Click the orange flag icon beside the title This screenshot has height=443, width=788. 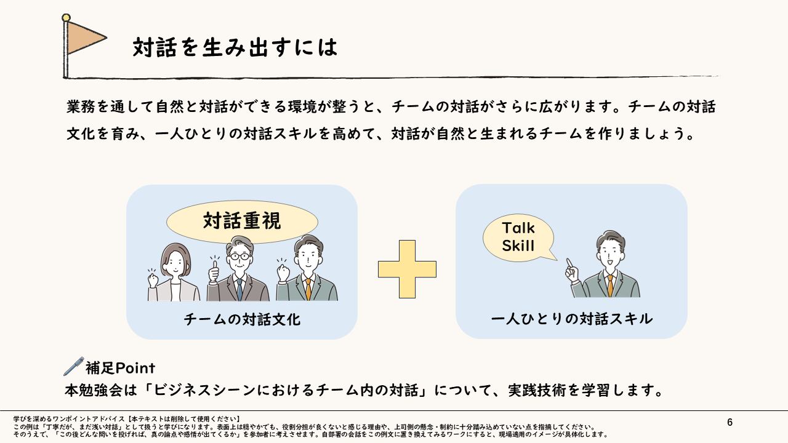click(85, 38)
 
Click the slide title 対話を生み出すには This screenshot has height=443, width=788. click(235, 47)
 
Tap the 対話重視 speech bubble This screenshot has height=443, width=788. click(242, 221)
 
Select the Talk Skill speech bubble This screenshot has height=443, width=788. click(518, 237)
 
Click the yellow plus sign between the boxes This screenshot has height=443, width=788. click(407, 269)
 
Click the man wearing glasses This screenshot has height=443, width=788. click(239, 271)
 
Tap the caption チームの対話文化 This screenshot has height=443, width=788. click(242, 320)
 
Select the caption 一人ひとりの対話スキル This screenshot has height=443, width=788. click(571, 319)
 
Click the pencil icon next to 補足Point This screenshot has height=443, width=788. click(73, 366)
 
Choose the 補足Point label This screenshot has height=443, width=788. click(120, 368)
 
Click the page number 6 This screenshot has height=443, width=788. click(730, 422)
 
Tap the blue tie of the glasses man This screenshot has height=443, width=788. click(239, 289)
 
